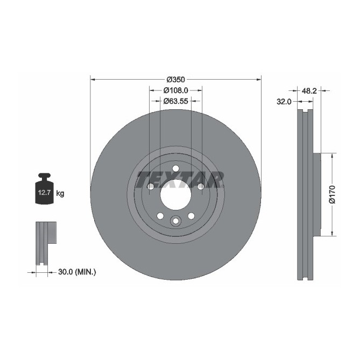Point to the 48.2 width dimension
(308, 91)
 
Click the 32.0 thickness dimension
(284, 101)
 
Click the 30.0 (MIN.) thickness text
(76, 272)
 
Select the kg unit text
(60, 193)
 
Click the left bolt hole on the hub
(151, 186)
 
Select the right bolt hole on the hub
(200, 186)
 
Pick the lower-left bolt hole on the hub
(160, 216)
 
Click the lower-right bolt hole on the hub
(191, 216)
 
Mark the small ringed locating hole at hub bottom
(175, 221)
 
